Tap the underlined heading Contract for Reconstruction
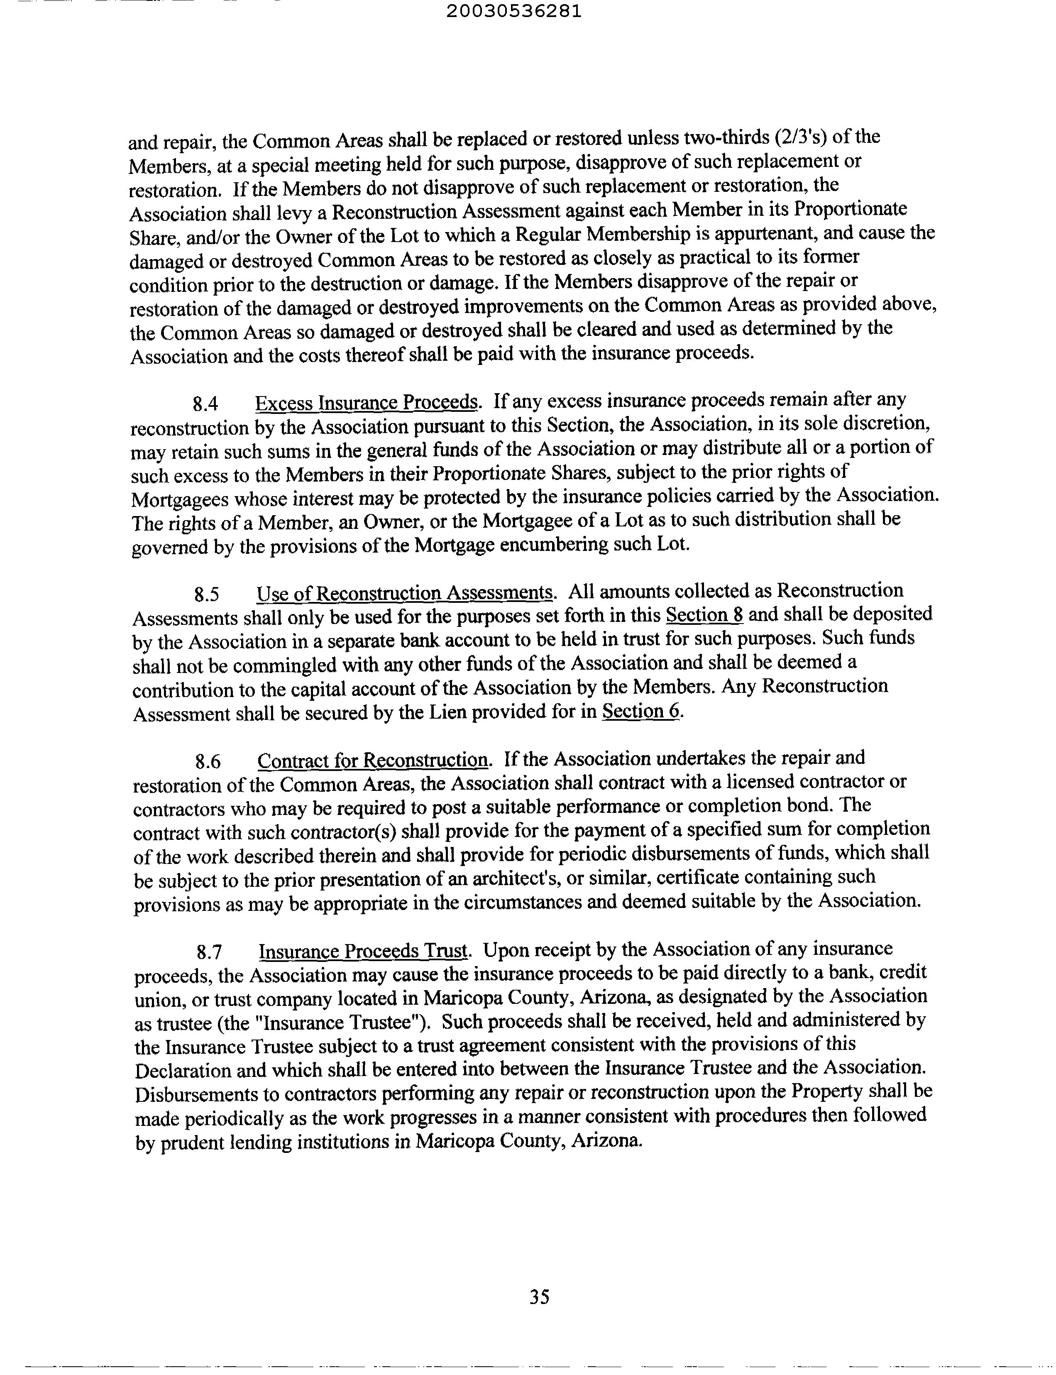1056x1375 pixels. click(x=373, y=761)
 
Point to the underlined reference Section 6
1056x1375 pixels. click(x=642, y=712)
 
